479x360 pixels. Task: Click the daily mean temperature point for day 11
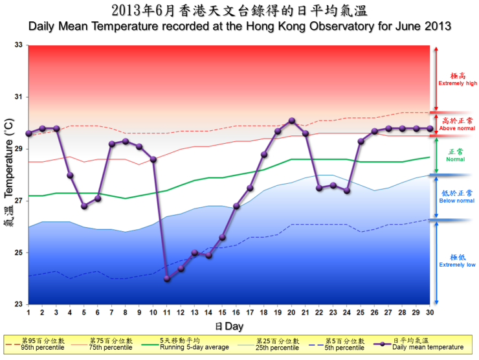(x=167, y=278)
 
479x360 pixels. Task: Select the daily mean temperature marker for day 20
(x=292, y=120)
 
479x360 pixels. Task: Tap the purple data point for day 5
(x=84, y=206)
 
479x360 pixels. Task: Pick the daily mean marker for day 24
(x=347, y=190)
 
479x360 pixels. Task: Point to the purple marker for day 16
(x=236, y=206)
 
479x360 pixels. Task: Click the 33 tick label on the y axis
(x=18, y=45)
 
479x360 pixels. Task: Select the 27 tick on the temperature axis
(x=18, y=201)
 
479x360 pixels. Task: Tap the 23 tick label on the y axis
(x=18, y=304)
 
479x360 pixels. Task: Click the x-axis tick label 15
(x=222, y=313)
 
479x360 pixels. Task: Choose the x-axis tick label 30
(x=430, y=313)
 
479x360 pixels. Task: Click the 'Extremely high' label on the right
(x=458, y=83)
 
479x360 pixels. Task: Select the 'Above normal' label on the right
(x=458, y=128)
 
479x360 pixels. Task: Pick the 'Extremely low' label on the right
(x=457, y=264)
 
